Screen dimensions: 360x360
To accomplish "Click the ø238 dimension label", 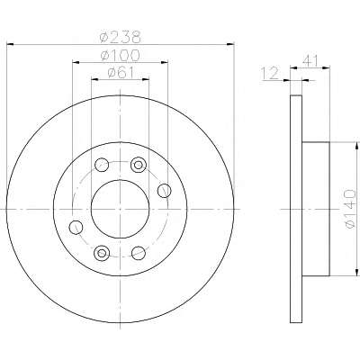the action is (120, 37).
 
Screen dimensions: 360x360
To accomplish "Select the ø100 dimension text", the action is (120, 55).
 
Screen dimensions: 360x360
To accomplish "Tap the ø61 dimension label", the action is (120, 72).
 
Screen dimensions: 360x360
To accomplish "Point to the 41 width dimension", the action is (310, 61).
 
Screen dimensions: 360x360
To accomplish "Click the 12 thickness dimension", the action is (270, 74).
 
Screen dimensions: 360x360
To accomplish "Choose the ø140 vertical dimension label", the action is (350, 209).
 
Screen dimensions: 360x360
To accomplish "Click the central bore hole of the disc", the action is (120, 209).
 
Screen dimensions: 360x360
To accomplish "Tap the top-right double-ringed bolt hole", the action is (138, 165).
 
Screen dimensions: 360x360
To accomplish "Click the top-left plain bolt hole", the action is (102, 165).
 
